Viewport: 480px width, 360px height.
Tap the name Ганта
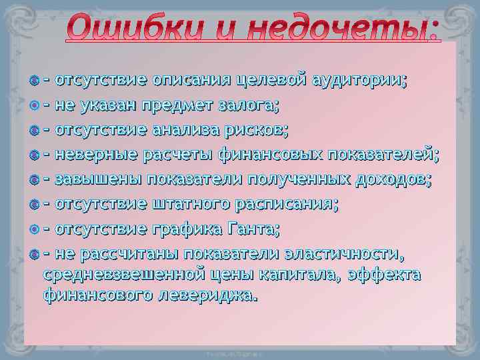pos(254,229)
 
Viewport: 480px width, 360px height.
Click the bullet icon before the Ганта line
pos(34,229)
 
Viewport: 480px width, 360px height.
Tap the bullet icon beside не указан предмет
pos(34,105)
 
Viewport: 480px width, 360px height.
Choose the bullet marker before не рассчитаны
pos(34,254)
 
